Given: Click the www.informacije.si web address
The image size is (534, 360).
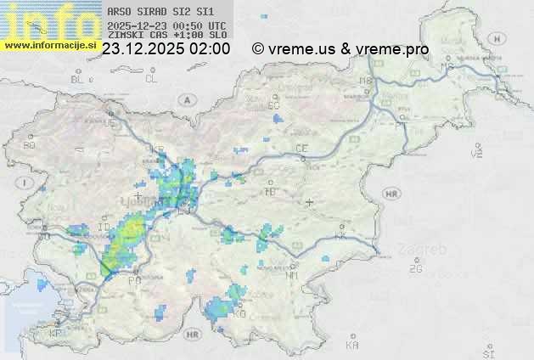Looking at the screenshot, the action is point(50,45).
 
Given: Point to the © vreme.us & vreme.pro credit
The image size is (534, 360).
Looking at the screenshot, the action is point(340,49).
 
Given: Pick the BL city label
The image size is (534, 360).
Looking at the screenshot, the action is point(79,79).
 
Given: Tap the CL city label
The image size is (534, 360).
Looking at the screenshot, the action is point(151,79).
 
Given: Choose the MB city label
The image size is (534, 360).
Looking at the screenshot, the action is point(367,81).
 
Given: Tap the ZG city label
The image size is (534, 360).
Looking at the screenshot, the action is point(415,269).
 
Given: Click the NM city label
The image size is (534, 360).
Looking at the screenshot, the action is point(292,275).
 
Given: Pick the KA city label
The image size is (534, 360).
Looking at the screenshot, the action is point(352,345).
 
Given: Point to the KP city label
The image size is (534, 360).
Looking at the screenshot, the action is point(56,334).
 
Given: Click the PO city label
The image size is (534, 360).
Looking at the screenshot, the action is point(134,279).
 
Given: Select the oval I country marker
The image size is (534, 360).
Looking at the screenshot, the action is point(27,183).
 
